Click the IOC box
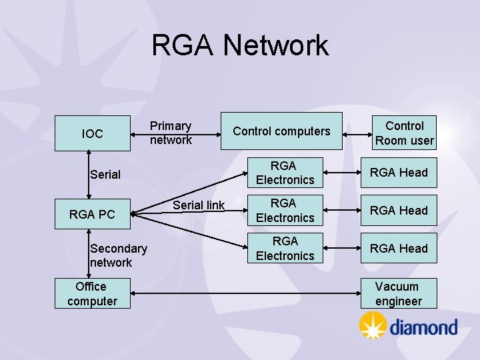click(93, 133)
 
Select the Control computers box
click(281, 131)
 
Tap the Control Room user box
click(404, 133)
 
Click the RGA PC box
click(93, 214)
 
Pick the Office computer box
click(93, 293)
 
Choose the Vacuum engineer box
click(399, 293)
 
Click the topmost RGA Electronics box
click(285, 173)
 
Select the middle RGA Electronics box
click(285, 210)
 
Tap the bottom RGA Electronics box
click(285, 248)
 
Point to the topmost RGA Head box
click(399, 173)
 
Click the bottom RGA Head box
click(399, 248)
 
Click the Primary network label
click(171, 133)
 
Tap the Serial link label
click(199, 205)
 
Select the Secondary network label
click(119, 255)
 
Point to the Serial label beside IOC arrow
click(105, 175)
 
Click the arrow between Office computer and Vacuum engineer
click(245, 293)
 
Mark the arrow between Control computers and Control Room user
click(357, 135)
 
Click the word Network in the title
click(276, 45)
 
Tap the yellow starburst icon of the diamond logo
click(373, 325)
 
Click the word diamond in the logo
click(424, 327)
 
